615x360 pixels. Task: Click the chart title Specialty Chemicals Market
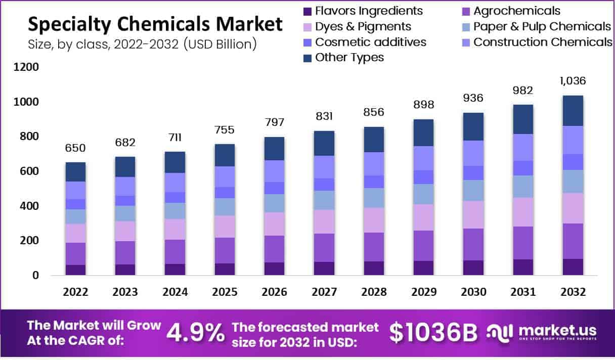[155, 24]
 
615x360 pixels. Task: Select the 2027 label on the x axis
[324, 292]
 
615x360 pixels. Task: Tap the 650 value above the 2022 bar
[75, 148]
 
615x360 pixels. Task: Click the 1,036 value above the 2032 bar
[573, 81]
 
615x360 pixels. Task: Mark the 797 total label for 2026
[275, 122]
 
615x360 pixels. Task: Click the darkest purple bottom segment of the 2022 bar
[75, 270]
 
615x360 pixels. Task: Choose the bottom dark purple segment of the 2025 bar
[225, 269]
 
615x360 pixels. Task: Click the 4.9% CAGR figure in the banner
[195, 332]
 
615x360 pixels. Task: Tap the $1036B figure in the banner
[433, 332]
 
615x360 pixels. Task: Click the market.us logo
[541, 332]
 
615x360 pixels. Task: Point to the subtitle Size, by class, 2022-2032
[142, 44]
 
